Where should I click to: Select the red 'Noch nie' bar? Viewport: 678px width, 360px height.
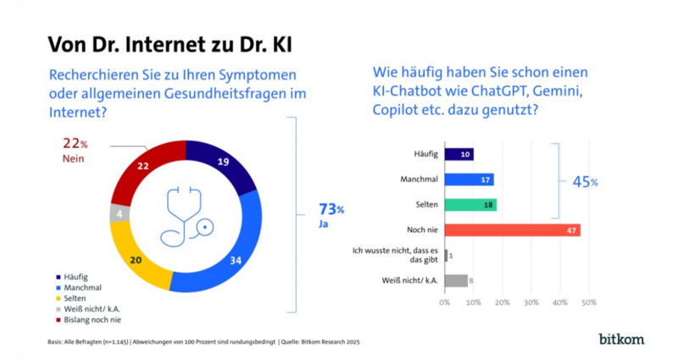pyautogui.click(x=512, y=230)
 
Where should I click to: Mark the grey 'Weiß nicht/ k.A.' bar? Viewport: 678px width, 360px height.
pyautogui.click(x=455, y=280)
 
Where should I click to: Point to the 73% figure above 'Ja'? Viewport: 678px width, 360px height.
pyautogui.click(x=331, y=209)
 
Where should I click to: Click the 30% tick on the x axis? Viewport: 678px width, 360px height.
pyautogui.click(x=531, y=302)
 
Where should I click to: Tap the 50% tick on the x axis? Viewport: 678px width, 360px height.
pyautogui.click(x=588, y=302)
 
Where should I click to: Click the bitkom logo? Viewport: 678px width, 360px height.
pyautogui.click(x=621, y=339)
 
